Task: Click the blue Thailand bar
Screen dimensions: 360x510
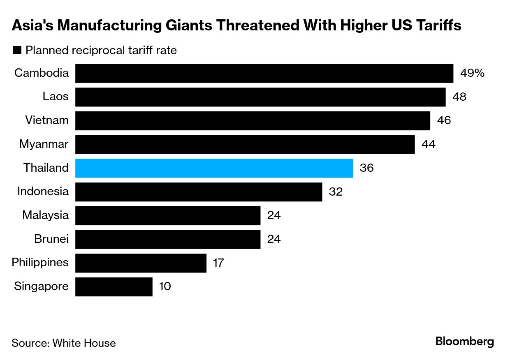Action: click(x=214, y=168)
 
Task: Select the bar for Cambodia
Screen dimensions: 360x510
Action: click(x=264, y=73)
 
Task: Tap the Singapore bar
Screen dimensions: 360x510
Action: click(x=114, y=286)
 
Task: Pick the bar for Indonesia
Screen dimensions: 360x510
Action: click(x=198, y=192)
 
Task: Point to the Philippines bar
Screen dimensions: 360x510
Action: click(x=141, y=263)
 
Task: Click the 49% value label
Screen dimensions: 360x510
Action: click(x=472, y=74)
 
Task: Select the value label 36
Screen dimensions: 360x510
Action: click(x=366, y=168)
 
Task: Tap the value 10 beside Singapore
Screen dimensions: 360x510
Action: click(x=165, y=286)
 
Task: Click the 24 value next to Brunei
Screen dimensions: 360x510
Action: click(x=274, y=239)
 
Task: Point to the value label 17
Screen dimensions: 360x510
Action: click(x=218, y=263)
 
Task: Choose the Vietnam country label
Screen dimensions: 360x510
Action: click(x=46, y=120)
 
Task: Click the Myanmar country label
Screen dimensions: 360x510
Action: click(x=44, y=144)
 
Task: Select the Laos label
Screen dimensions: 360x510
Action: click(x=56, y=97)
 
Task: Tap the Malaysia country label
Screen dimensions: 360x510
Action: click(x=45, y=215)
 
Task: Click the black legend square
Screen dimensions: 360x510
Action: click(x=17, y=51)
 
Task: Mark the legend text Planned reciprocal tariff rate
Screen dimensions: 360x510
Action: click(x=101, y=51)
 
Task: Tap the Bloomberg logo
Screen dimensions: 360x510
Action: click(x=464, y=342)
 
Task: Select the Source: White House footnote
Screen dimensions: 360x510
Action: click(x=64, y=343)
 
